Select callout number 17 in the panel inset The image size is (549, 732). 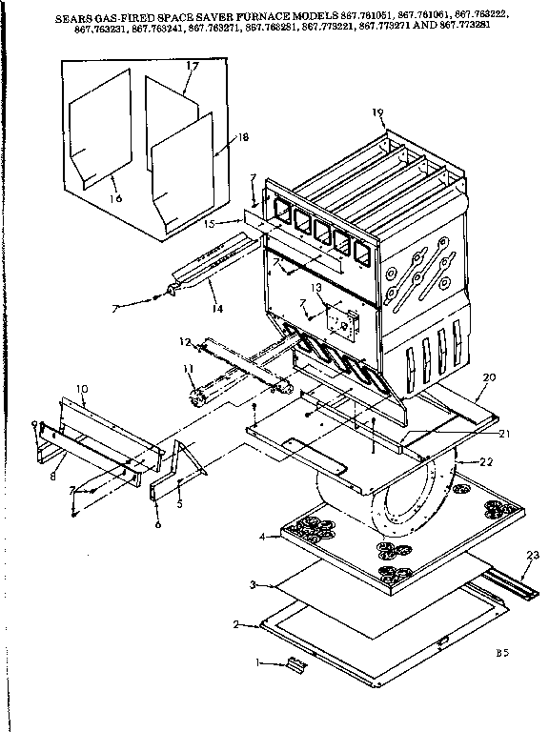[192, 67]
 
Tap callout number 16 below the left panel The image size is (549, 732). [116, 198]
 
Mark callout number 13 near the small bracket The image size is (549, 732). [316, 287]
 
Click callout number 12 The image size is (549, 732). [184, 341]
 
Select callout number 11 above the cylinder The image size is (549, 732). [188, 368]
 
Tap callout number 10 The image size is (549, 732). [81, 389]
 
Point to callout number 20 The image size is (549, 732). [489, 376]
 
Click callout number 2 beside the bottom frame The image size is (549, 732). [235, 625]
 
